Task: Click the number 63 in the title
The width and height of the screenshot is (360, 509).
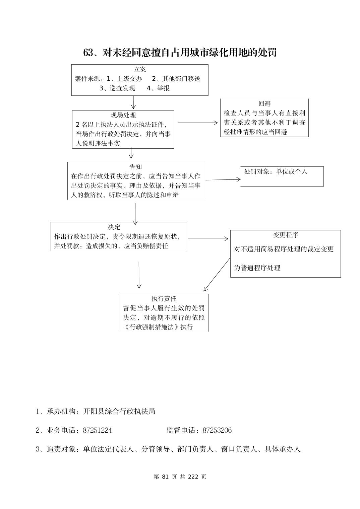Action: tap(88, 53)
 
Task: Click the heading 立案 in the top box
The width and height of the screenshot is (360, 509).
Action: tap(140, 70)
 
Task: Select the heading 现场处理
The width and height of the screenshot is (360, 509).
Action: tap(123, 115)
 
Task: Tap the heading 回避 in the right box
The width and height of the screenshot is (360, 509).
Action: tap(264, 104)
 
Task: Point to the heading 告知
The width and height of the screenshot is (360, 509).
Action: tap(136, 167)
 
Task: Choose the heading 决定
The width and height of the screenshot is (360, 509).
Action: tap(114, 227)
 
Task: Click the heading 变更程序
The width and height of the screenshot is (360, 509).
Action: tap(286, 235)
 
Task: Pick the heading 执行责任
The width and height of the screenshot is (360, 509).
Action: tap(164, 299)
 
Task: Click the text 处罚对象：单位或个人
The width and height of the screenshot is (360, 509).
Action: tap(276, 171)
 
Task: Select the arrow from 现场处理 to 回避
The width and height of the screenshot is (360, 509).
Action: tap(197, 123)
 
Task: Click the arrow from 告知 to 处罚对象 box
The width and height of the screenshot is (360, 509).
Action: tap(223, 180)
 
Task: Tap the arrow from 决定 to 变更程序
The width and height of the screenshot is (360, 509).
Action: tap(208, 239)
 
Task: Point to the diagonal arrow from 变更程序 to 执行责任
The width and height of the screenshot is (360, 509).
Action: tap(217, 274)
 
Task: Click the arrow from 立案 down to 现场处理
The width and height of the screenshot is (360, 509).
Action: tap(133, 102)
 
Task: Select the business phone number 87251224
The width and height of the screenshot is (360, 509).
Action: tap(97, 430)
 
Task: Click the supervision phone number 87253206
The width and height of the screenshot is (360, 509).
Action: tap(217, 430)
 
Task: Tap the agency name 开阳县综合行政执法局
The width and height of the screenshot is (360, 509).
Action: tap(119, 411)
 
